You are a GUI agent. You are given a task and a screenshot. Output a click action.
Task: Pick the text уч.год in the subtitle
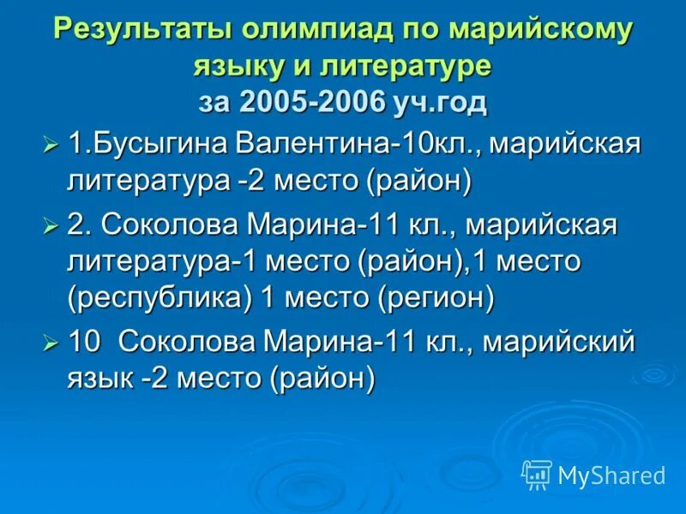point(440,102)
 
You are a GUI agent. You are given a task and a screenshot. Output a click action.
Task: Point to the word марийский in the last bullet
point(558,344)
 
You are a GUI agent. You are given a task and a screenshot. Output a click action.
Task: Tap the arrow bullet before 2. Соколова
point(51,227)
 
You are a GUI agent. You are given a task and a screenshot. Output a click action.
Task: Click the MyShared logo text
point(611,475)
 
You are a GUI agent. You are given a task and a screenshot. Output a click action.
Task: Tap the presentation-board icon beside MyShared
point(537,474)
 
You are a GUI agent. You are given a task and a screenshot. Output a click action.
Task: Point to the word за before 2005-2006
point(215,102)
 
